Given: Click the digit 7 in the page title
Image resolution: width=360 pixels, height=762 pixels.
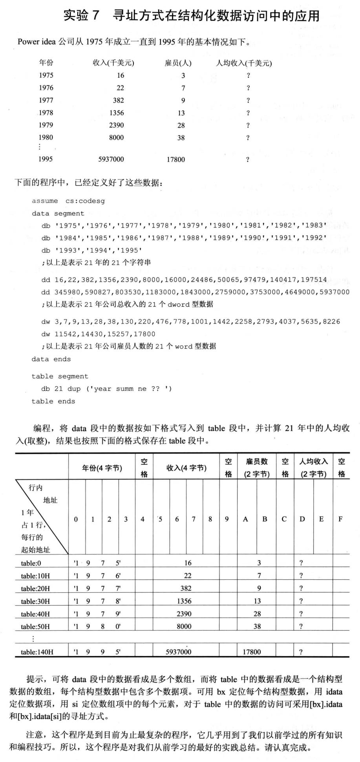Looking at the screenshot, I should point(96,16).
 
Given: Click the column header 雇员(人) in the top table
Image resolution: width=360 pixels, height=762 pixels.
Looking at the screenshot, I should point(178,63).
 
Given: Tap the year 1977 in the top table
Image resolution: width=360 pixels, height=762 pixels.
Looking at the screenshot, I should point(46,100).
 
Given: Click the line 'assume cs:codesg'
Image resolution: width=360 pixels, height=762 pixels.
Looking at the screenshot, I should point(68,201).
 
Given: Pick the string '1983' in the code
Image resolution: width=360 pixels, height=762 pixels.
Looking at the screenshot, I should point(314,225).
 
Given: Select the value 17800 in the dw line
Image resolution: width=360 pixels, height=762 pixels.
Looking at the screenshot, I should point(144,334).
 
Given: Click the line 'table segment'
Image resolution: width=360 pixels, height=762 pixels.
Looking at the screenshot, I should point(60,376).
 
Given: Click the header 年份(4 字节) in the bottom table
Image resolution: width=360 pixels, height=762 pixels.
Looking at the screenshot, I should point(102,468).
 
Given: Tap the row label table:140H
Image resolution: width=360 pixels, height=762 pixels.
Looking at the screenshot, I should point(37,652).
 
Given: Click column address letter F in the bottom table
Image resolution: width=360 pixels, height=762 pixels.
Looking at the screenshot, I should point(340,519).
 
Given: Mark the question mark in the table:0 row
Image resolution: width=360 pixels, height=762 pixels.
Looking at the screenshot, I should point(301,563).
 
